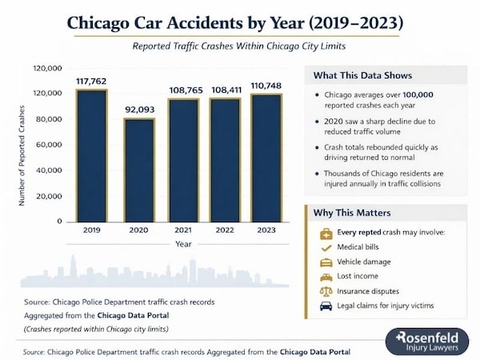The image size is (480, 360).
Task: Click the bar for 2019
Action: point(91,155)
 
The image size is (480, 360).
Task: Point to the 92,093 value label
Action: point(139,110)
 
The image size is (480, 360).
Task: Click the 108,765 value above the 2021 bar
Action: point(185,90)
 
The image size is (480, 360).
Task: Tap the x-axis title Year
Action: point(183,244)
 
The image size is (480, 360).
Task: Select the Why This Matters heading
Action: point(353,214)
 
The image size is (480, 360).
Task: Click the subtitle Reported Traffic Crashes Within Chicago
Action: point(239,46)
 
